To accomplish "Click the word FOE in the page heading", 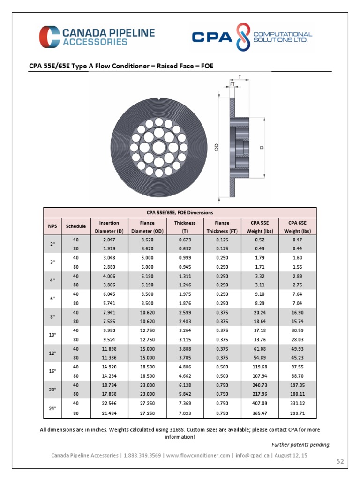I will coord(207,66).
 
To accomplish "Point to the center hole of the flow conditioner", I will coord(158,146).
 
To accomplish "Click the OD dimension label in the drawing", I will coord(217,147).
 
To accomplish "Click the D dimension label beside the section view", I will coord(262,147).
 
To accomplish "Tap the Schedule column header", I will coord(75,226).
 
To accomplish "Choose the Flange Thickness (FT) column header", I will coord(222,226).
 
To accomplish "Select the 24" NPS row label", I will coord(52,408).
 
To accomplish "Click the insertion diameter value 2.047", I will coord(109,240).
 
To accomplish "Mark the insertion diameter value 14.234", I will coord(109,375).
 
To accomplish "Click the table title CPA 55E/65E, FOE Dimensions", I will coord(180,212).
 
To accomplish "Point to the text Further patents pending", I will coord(301,444).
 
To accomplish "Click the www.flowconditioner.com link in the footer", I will coord(198,455).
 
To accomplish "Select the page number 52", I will coord(340,462).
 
